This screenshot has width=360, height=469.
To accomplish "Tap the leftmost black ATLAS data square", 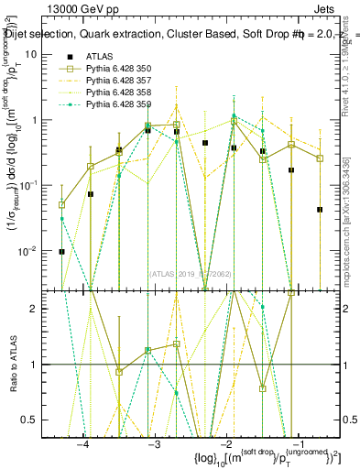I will (x=61, y=251).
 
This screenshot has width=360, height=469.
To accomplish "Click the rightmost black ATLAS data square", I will (x=320, y=210).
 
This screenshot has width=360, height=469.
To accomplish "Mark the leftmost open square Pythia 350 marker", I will (x=61, y=205).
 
